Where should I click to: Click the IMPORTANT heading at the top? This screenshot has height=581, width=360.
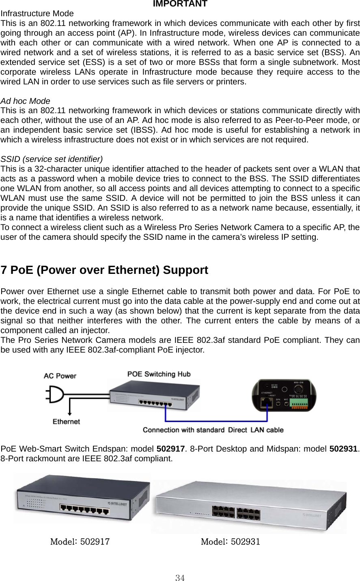click(180, 4)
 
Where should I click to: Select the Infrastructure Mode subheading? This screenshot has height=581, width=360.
click(37, 13)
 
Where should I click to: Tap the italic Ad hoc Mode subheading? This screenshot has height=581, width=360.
click(26, 101)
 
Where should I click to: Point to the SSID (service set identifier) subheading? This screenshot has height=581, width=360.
click(52, 159)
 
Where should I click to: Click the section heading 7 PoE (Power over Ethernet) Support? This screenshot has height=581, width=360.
click(105, 270)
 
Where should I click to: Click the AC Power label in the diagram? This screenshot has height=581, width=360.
click(60, 376)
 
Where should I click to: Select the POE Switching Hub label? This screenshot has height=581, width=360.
click(159, 374)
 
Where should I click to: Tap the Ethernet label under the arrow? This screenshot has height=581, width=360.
click(66, 422)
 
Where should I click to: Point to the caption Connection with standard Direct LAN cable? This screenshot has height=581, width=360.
click(213, 430)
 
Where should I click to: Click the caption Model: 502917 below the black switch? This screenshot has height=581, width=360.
click(80, 542)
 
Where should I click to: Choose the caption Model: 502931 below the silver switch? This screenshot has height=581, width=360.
click(231, 542)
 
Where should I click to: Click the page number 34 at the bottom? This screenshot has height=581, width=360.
click(180, 578)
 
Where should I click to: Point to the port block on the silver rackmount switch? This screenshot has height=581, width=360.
click(236, 513)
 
